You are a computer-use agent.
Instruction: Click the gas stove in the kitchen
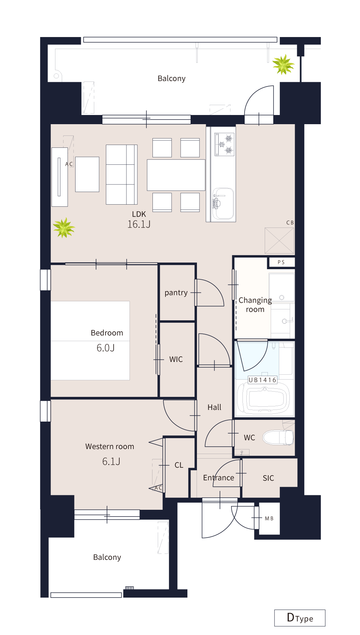[224, 144]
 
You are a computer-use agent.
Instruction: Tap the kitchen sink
[223, 204]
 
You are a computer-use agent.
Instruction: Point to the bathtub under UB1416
[263, 399]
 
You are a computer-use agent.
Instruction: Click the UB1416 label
[263, 380]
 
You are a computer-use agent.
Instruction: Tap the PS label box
[281, 262]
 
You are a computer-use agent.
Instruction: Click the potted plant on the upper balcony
[283, 65]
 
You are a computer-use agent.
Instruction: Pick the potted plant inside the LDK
[64, 228]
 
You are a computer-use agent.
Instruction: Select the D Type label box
[300, 618]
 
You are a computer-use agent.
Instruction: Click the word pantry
[176, 293]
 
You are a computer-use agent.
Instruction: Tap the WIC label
[176, 359]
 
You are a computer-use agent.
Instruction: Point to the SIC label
[268, 478]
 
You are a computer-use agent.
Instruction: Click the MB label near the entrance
[269, 518]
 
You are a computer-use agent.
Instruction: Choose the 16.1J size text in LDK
[139, 224]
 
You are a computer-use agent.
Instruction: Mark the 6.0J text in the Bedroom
[106, 348]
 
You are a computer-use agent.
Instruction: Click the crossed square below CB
[280, 241]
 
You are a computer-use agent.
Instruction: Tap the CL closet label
[179, 465]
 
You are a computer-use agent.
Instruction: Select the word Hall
[214, 407]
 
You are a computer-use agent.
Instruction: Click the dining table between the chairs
[176, 175]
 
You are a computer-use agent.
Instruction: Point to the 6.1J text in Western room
[111, 461]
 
